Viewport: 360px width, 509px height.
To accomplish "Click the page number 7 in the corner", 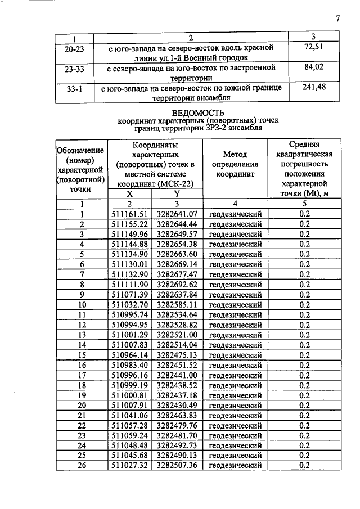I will tap(337, 19).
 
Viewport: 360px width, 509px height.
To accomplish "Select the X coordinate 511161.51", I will tap(129, 214).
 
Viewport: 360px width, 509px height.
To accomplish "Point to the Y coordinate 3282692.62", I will tap(177, 285).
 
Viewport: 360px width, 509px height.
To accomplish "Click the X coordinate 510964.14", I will tap(129, 355).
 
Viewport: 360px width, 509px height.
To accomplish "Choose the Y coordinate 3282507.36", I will tap(177, 465).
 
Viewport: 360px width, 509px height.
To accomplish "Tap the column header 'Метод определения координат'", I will tap(235, 164).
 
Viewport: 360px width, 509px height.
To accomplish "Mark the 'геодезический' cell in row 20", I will tap(235, 405).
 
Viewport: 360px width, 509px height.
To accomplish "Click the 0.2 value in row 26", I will tap(304, 465).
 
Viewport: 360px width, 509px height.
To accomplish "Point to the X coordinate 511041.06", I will tap(129, 415).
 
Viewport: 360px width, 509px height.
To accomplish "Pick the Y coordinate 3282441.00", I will tap(177, 375).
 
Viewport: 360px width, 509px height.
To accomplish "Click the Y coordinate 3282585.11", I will tap(177, 305).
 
